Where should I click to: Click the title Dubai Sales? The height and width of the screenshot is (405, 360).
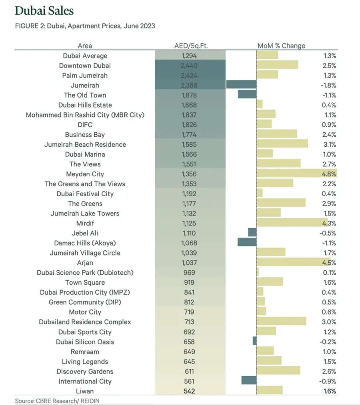click(x=44, y=10)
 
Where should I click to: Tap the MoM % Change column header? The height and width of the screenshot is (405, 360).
click(x=281, y=46)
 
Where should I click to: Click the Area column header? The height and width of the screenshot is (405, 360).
click(x=85, y=46)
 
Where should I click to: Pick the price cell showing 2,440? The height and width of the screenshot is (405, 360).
click(x=190, y=66)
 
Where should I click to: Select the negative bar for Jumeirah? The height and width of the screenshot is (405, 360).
click(x=241, y=85)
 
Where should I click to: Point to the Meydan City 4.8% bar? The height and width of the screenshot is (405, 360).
click(x=296, y=174)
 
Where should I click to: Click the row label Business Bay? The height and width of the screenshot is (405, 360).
click(x=85, y=135)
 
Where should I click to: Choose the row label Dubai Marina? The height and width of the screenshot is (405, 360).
click(x=85, y=154)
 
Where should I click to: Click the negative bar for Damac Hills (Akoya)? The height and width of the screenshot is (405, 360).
click(x=247, y=243)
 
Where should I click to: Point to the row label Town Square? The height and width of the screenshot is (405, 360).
click(x=85, y=282)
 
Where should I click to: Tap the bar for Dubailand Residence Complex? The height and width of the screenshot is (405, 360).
click(x=281, y=322)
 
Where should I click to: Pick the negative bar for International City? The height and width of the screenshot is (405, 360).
click(x=249, y=381)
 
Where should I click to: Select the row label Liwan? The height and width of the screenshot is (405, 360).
click(x=85, y=391)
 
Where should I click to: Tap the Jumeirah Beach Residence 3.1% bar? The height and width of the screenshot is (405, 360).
click(x=282, y=144)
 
